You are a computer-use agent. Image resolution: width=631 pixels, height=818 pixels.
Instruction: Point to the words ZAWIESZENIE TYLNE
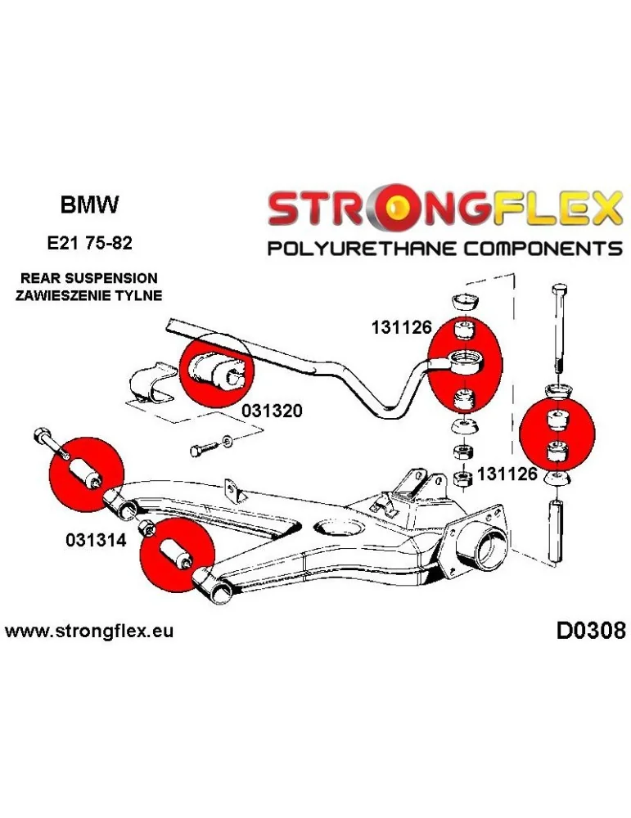pos(88,294)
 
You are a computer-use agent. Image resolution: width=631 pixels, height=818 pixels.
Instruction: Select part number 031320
pos(272,411)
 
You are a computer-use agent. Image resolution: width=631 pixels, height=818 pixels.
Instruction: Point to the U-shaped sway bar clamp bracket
pos(153,384)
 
